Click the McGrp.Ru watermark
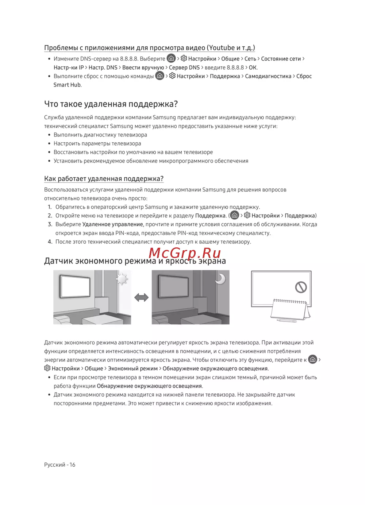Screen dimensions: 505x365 click(x=185, y=253)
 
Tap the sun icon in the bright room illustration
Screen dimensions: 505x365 click(x=122, y=280)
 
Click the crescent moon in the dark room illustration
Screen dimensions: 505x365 click(x=220, y=279)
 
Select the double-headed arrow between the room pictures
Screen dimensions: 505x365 click(x=141, y=297)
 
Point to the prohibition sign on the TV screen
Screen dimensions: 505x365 click(x=301, y=287)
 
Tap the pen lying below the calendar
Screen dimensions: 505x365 click(x=286, y=321)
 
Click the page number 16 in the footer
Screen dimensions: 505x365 click(x=72, y=464)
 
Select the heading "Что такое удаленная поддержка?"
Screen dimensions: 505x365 click(x=111, y=104)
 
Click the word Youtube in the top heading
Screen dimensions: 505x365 click(x=222, y=48)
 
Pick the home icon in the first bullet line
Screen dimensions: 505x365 click(x=171, y=58)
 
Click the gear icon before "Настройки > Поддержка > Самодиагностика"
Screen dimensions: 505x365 click(x=172, y=76)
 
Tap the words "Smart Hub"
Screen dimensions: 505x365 click(x=67, y=85)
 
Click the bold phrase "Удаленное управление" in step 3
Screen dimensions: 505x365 click(x=112, y=224)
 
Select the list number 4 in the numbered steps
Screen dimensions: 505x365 click(x=50, y=242)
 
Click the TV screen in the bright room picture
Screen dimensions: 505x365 click(x=75, y=286)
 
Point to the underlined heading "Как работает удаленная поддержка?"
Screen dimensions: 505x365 click(x=104, y=179)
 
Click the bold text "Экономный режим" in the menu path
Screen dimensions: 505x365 click(x=132, y=369)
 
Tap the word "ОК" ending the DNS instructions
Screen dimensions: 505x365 click(x=253, y=68)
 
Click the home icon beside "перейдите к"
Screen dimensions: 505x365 click(x=312, y=359)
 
